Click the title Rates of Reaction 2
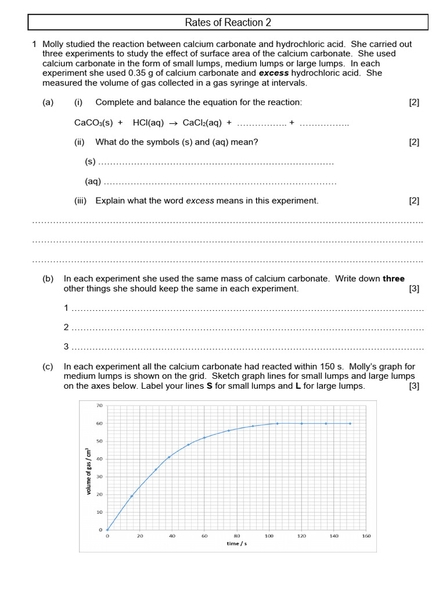pos(228,23)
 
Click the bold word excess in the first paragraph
pos(274,73)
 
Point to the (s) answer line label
pos(90,162)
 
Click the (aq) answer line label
pos(93,182)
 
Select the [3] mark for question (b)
pos(413,289)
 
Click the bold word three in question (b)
pos(393,279)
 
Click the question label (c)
pos(48,367)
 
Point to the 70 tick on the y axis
pos(99,406)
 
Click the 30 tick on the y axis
pos(99,476)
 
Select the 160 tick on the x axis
pos(366,536)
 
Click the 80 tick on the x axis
pos(237,536)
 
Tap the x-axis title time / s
pos(236,544)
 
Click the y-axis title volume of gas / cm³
pos(89,471)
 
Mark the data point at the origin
pos(107,530)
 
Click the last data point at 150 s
pos(350,424)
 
